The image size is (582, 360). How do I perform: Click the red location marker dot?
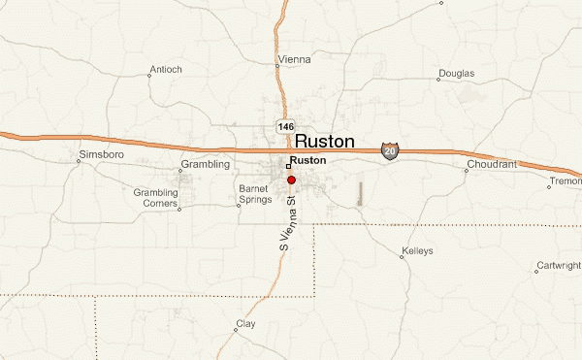click(291, 180)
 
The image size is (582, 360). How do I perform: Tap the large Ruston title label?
click(324, 142)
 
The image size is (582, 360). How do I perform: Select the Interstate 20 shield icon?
click(390, 150)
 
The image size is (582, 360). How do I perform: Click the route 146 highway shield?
click(284, 127)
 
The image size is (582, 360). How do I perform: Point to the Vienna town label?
click(295, 60)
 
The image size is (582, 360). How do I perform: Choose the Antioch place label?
click(165, 70)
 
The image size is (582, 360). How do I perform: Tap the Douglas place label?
click(456, 74)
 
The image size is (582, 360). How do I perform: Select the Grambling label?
click(205, 165)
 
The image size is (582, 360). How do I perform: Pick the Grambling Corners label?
click(156, 198)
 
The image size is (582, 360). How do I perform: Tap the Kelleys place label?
click(416, 252)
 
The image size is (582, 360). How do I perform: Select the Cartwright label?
click(557, 266)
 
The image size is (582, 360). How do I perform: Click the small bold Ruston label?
click(308, 160)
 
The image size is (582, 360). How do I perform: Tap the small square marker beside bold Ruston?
click(288, 166)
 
